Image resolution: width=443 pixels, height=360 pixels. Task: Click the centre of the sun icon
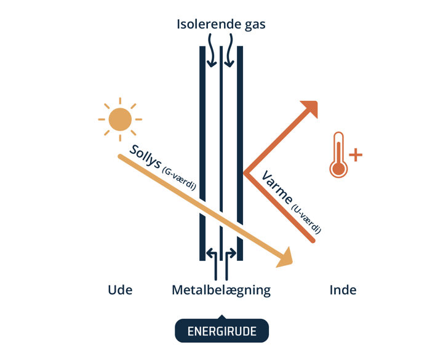tap(120, 119)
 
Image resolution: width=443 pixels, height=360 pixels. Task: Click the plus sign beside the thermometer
tap(355, 154)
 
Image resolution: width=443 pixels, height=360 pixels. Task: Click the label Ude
tap(120, 290)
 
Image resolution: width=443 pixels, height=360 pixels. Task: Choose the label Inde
tap(343, 290)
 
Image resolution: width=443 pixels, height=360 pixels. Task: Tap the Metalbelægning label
tap(221, 290)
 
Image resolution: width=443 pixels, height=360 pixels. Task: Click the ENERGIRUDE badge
tap(221, 331)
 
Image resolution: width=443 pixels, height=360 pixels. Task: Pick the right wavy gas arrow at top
tap(229, 52)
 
